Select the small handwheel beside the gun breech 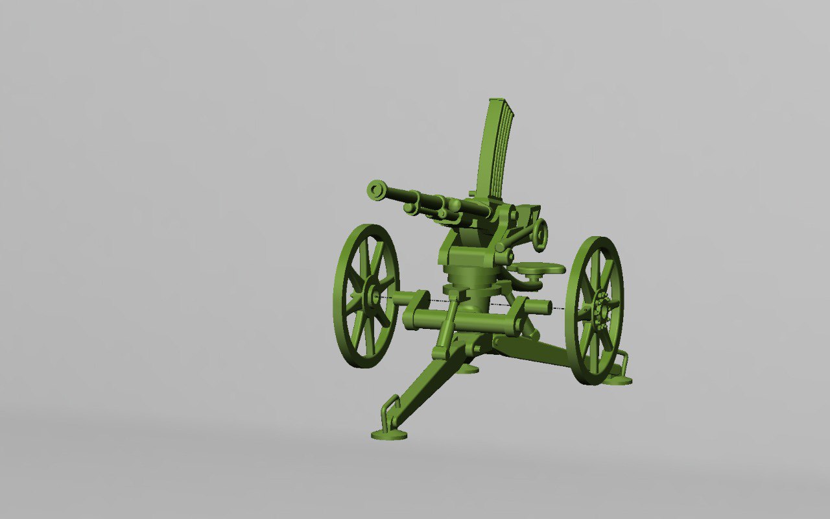(x=539, y=234)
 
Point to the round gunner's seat (x=537, y=267)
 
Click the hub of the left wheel (x=373, y=296)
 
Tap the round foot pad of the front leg (x=389, y=434)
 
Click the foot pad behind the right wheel (x=617, y=380)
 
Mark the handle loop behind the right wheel (x=621, y=361)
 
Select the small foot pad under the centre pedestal (x=467, y=369)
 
